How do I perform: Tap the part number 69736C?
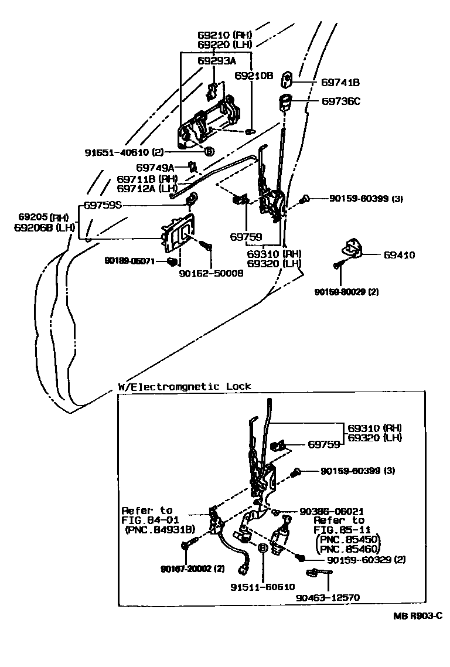(x=340, y=101)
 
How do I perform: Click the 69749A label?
(x=155, y=168)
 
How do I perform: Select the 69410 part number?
(x=400, y=255)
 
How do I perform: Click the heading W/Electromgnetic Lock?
(x=185, y=386)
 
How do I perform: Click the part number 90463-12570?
(x=328, y=597)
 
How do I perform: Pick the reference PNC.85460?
(x=348, y=549)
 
